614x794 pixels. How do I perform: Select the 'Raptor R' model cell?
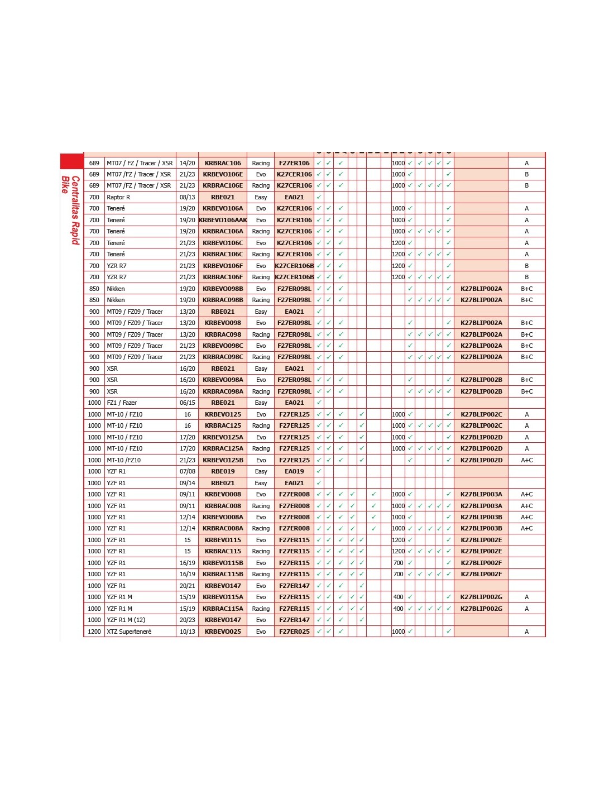118,197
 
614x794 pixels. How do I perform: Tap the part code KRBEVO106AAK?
223,220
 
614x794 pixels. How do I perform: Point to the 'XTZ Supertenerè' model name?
129,632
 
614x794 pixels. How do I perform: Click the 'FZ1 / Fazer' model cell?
122,403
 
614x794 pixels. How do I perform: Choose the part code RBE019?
223,471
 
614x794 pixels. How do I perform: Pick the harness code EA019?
294,471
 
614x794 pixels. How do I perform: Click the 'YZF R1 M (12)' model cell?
126,620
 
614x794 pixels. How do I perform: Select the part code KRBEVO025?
223,632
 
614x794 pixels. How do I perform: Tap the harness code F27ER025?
294,632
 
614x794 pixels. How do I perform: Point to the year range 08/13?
188,197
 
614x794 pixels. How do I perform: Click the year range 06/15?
188,403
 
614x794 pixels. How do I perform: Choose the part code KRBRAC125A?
223,448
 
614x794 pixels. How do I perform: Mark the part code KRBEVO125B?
223,460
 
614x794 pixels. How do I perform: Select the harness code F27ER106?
294,163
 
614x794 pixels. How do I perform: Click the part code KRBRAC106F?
223,277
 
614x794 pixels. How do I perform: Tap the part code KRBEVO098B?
223,289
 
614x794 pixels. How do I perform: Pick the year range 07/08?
188,471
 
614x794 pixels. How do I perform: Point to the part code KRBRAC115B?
223,574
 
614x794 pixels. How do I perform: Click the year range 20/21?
188,586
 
